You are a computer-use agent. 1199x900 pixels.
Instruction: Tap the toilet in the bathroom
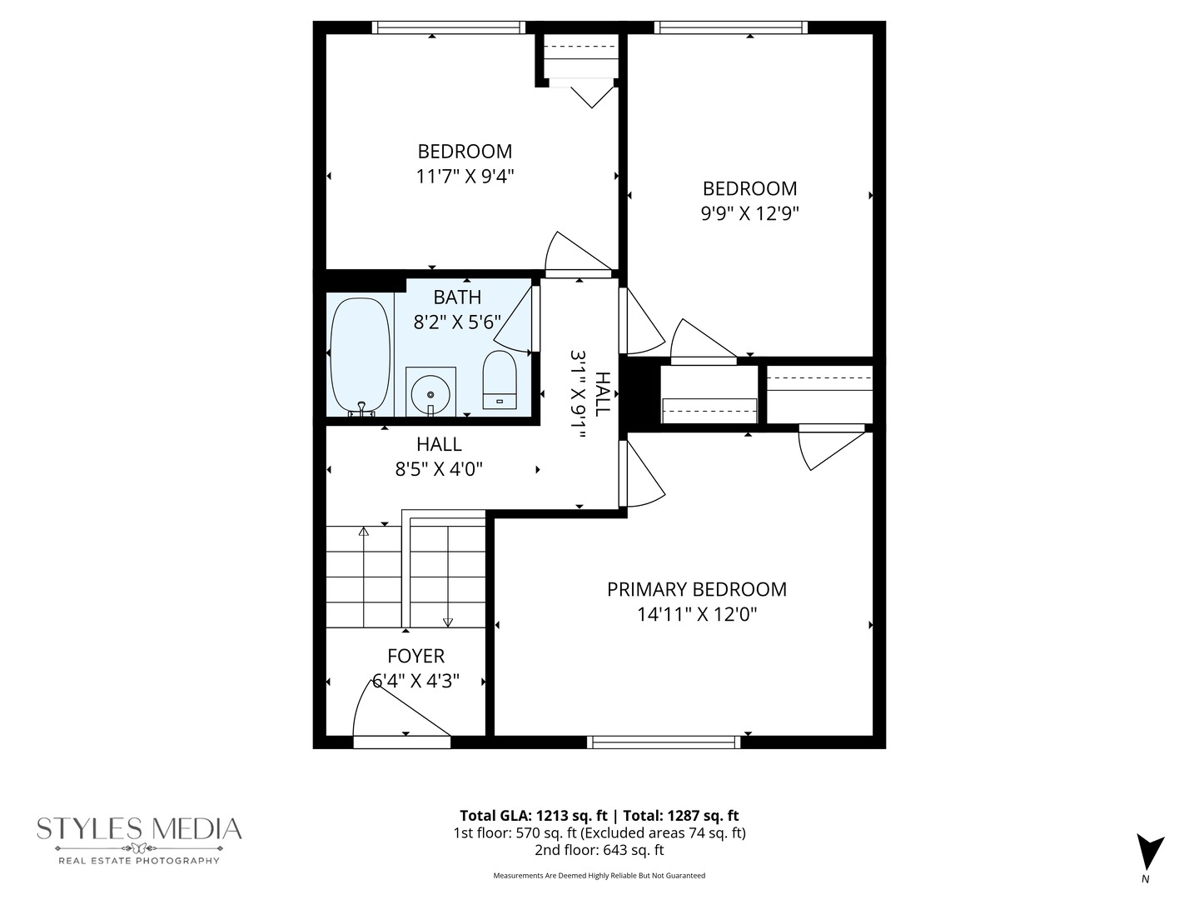pos(500,379)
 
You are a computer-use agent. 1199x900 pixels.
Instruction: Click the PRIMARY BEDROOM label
pos(696,589)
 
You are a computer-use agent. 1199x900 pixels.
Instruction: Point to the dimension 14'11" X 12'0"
pos(696,615)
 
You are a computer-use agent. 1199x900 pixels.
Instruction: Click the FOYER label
pos(415,656)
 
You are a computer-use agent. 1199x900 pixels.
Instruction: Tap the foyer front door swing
pos(396,708)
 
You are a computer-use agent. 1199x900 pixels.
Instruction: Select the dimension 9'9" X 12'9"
pos(749,213)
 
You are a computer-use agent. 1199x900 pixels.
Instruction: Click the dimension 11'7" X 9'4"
pos(465,177)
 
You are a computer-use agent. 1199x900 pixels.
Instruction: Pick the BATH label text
pos(457,297)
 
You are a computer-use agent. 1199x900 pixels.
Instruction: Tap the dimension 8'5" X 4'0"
pos(439,469)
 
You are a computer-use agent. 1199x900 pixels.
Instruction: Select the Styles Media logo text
pos(139,829)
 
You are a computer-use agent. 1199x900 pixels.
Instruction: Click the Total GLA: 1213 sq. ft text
pos(534,816)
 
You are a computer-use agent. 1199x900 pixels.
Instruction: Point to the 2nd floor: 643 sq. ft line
pos(599,850)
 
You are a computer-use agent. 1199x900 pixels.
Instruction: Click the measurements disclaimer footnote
pos(599,876)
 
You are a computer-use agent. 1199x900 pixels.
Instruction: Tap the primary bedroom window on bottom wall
pos(664,742)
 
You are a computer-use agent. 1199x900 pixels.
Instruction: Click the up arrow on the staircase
pos(364,531)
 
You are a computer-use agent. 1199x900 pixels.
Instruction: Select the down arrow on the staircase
pos(448,621)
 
